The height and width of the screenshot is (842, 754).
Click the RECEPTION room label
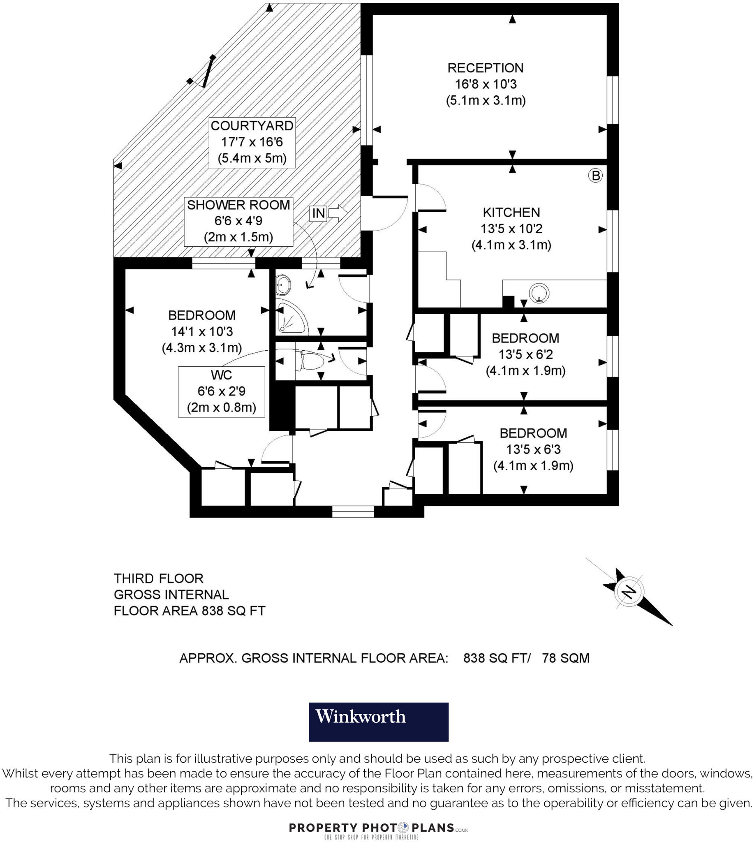point(486,68)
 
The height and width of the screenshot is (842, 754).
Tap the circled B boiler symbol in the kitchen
point(595,176)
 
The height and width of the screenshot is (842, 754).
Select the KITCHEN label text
point(511,213)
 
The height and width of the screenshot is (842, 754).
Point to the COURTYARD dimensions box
point(252,142)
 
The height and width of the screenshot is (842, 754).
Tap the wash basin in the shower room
point(283,285)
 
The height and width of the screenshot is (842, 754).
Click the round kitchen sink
point(539,293)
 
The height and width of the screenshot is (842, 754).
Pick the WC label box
point(221,391)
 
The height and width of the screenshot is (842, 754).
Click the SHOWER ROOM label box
point(238,221)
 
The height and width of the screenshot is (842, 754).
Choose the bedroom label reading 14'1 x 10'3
point(202,331)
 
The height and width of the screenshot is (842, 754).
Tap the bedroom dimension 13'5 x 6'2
point(525,355)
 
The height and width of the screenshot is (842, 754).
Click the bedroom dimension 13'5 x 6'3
point(533,450)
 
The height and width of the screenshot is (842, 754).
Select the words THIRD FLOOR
point(158,578)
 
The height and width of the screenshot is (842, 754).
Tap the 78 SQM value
point(566,658)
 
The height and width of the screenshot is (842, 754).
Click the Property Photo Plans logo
point(378,830)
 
